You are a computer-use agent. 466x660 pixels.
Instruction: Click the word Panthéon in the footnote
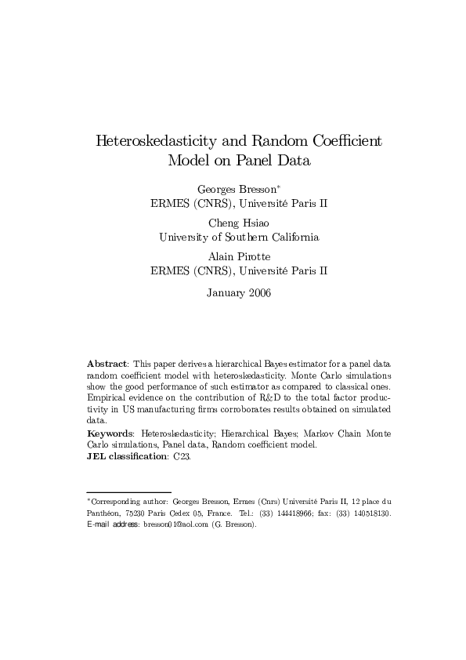coord(103,513)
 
